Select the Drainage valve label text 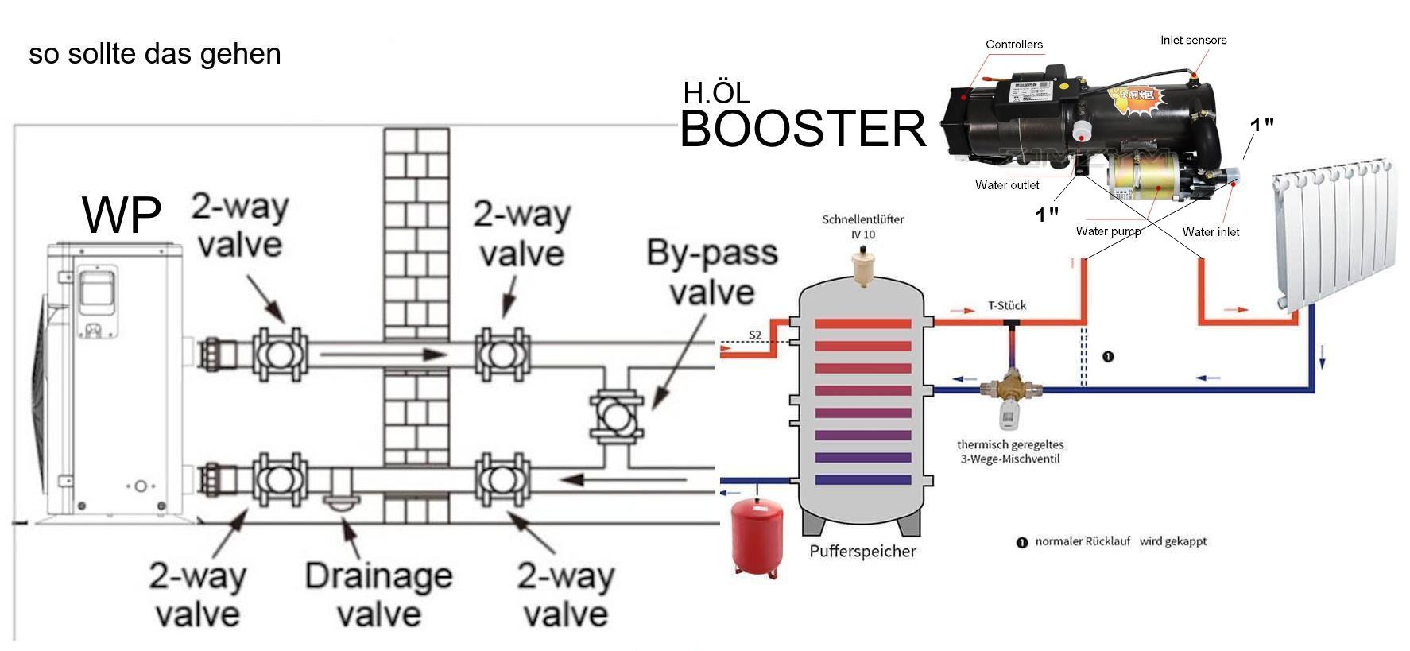click(x=378, y=595)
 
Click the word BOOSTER click(x=803, y=129)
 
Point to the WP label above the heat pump click(x=122, y=214)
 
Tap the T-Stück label click(x=1007, y=305)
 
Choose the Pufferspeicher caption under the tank click(x=862, y=551)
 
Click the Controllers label click(x=1013, y=45)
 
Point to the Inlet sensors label click(x=1193, y=40)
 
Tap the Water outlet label click(x=1007, y=185)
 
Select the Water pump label click(x=1108, y=231)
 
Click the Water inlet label click(x=1211, y=232)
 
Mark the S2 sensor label click(x=755, y=335)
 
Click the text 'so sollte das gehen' click(x=155, y=54)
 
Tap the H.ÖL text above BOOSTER click(x=716, y=93)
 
